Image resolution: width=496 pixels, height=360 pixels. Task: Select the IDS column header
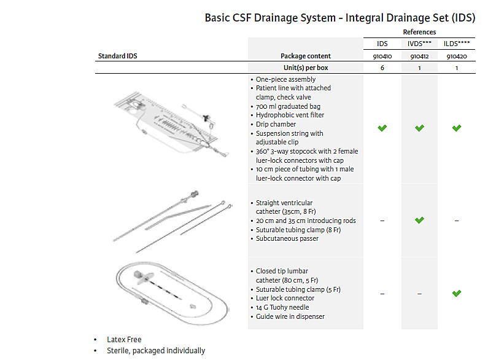coord(382,44)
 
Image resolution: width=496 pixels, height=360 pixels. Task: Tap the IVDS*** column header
coord(419,44)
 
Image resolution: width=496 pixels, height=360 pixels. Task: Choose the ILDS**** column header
coord(457,44)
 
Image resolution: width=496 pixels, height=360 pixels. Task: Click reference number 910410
coord(382,56)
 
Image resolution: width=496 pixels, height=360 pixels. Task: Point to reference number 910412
coord(419,56)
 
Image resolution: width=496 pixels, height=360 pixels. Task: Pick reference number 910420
coord(457,56)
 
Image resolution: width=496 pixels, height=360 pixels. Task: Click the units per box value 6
coord(382,68)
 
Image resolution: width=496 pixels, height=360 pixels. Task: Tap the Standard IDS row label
coord(118,56)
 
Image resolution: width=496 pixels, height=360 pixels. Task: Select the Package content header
coord(306,56)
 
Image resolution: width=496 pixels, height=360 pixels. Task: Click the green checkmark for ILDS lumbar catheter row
coord(457,293)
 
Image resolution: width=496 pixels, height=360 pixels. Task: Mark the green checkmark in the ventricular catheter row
coord(419,220)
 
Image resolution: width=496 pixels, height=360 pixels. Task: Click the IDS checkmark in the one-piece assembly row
coord(382,128)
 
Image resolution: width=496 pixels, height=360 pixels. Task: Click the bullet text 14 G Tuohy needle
coord(282,307)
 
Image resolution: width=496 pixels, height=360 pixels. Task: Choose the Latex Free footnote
coord(124,339)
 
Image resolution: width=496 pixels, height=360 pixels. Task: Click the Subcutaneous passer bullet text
coord(287,238)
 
